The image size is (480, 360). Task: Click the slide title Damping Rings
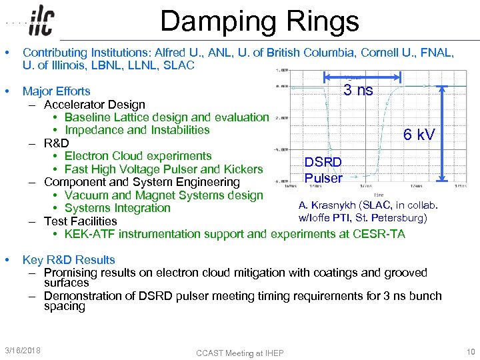click(259, 21)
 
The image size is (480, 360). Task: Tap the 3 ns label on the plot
click(358, 90)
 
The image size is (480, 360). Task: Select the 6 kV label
click(419, 135)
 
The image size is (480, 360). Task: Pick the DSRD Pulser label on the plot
click(323, 170)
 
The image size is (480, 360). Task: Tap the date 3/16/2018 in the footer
click(22, 350)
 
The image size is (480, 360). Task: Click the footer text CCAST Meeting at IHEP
click(239, 352)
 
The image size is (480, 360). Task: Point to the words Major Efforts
click(57, 91)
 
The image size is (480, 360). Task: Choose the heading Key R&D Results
click(69, 260)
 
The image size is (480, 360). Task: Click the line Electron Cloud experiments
click(138, 156)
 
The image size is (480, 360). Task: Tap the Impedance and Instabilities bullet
click(137, 130)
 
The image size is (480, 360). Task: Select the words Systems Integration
click(117, 208)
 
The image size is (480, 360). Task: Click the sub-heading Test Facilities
click(80, 221)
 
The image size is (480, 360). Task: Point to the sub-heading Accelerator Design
click(94, 105)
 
